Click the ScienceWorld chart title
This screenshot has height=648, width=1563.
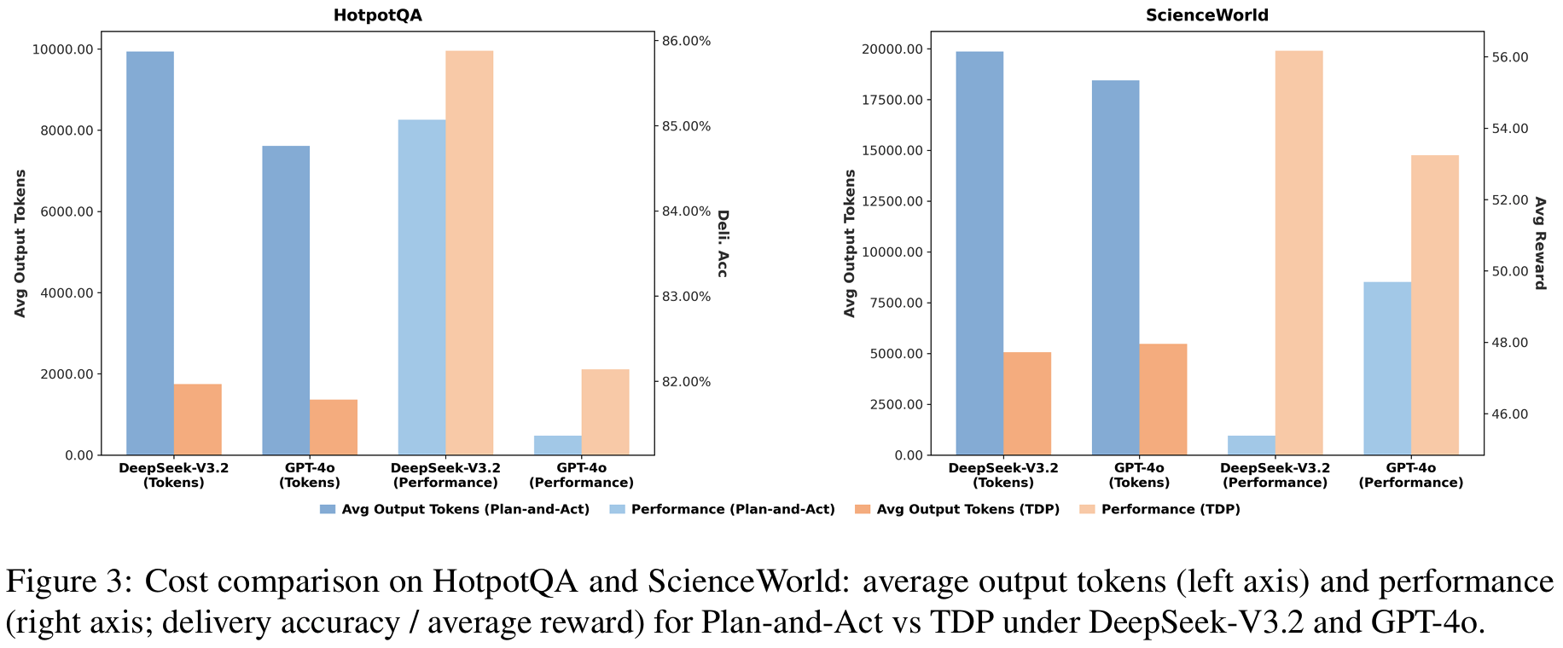[x=1206, y=15]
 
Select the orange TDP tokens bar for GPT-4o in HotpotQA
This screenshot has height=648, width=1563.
[x=334, y=427]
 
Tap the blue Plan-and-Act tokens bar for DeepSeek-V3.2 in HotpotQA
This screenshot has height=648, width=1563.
[x=150, y=253]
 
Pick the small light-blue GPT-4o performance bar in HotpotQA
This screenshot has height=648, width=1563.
[x=558, y=445]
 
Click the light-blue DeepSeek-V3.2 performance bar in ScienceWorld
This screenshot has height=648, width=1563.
[x=1252, y=445]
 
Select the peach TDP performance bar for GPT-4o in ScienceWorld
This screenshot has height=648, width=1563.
[x=1434, y=304]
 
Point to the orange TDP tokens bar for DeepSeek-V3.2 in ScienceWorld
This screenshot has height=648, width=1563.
[x=1027, y=403]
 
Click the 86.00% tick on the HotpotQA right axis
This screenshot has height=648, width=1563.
[x=686, y=41]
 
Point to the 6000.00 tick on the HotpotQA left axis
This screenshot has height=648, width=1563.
[x=62, y=212]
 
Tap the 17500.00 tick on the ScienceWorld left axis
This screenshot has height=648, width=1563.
[x=892, y=100]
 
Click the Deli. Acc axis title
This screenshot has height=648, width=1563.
[x=722, y=243]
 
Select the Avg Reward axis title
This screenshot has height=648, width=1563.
[x=1539, y=243]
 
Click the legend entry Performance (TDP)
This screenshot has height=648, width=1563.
[x=1171, y=509]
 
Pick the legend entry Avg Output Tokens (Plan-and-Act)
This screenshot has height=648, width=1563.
[x=465, y=509]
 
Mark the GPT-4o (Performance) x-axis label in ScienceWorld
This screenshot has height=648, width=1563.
[x=1410, y=475]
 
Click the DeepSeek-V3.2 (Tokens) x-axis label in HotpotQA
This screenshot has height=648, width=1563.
[x=173, y=475]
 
